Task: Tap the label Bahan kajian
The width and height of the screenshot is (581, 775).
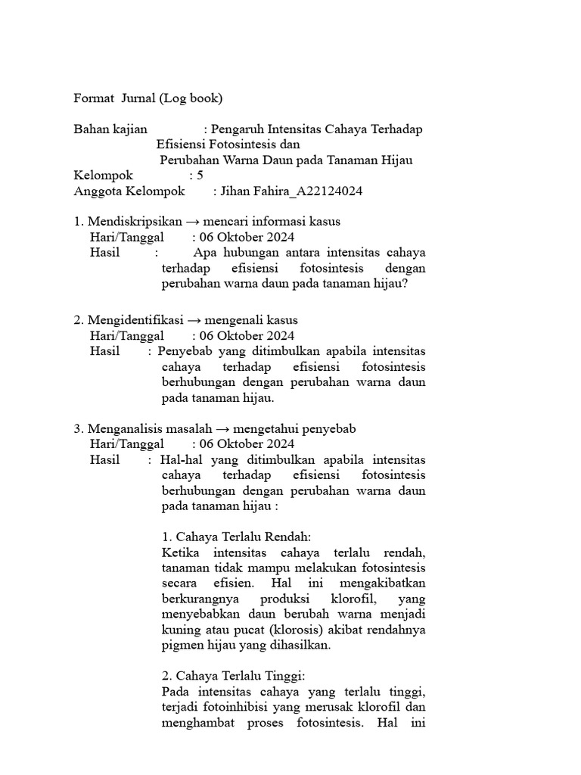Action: click(x=110, y=129)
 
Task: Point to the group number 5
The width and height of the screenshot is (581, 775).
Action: click(x=200, y=176)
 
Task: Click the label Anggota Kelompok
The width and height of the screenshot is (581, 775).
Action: click(x=129, y=191)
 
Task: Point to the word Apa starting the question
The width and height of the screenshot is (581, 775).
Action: click(x=204, y=253)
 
